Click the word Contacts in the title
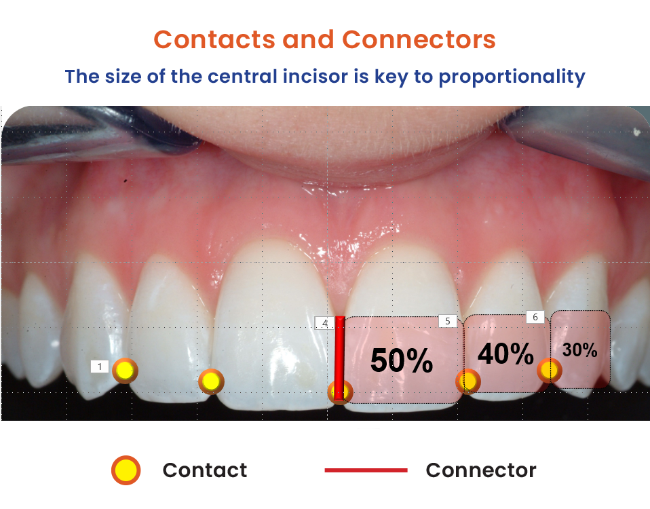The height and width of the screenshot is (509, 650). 214,40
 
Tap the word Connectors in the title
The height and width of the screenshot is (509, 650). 419,40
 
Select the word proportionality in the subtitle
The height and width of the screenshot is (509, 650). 512,77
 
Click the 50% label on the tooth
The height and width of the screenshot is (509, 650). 402,360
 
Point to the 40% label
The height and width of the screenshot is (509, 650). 505,354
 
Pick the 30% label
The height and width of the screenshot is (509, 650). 579,350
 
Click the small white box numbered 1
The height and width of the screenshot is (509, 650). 100,366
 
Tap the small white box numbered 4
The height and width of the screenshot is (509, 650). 324,323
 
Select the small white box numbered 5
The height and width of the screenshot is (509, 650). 448,321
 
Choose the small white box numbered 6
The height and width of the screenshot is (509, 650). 535,317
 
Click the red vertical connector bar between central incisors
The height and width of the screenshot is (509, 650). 340,358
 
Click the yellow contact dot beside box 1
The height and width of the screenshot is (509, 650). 125,371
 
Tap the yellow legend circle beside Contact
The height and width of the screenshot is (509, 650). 126,470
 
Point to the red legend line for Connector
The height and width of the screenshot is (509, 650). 366,470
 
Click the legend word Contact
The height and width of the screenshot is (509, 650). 205,470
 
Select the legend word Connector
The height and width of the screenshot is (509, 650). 481,470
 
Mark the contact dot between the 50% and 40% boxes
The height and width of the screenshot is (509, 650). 468,381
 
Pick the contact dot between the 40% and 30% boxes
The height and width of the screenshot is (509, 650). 550,370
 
